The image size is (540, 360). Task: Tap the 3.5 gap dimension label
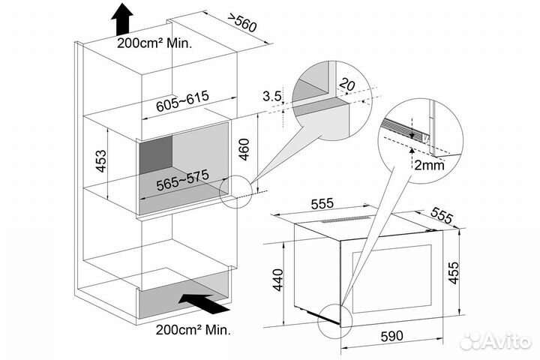272,96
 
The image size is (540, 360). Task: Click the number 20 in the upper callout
346,85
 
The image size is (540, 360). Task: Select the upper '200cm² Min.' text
154,43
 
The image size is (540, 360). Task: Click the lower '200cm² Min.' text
193,328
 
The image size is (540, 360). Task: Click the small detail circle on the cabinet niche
234,190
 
